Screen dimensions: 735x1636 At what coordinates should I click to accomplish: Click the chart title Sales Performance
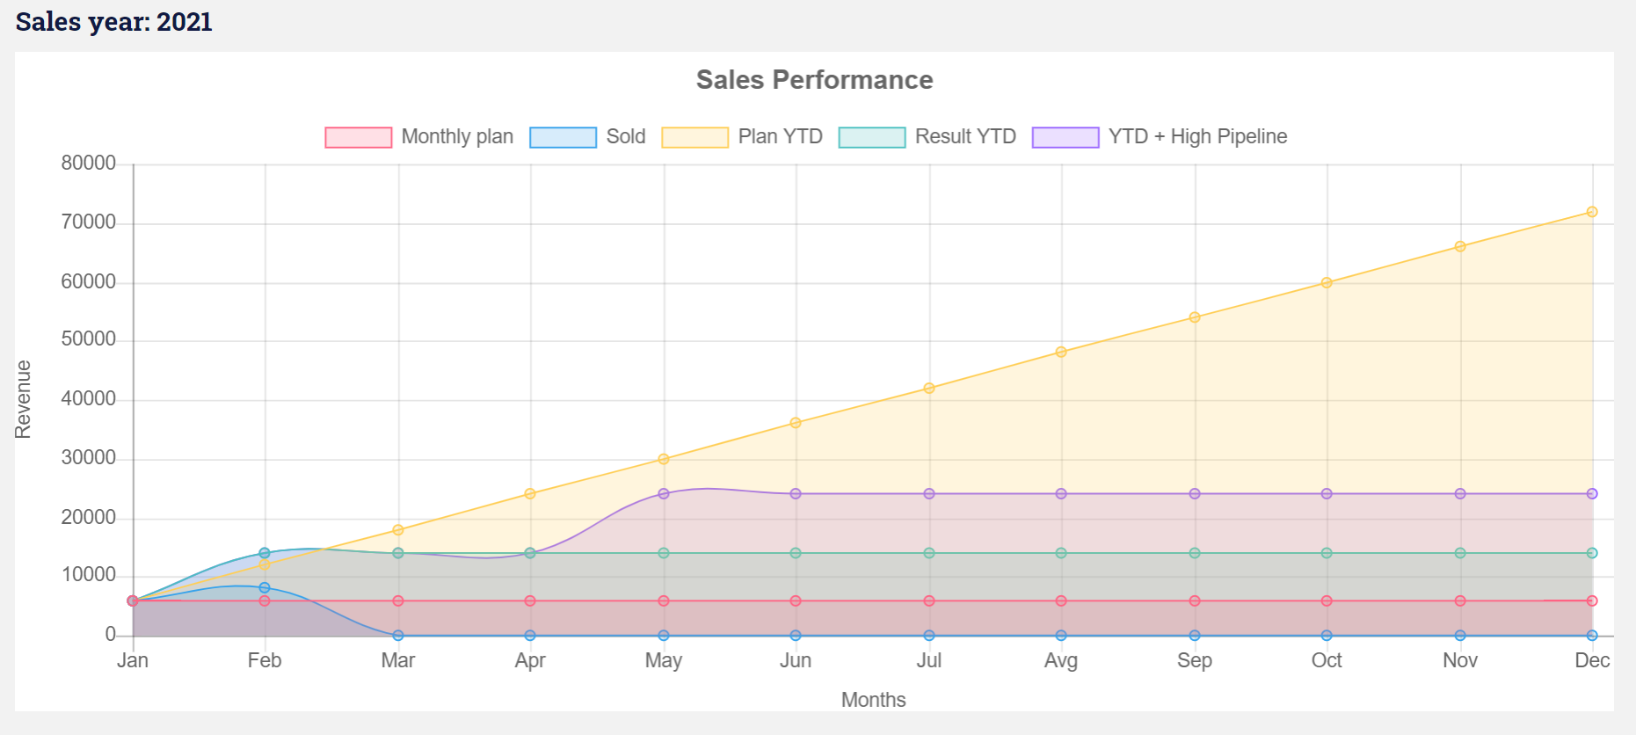pyautogui.click(x=814, y=80)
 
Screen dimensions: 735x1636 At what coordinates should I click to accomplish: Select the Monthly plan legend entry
pyautogui.click(x=419, y=137)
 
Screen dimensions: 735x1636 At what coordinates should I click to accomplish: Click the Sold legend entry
pyautogui.click(x=587, y=137)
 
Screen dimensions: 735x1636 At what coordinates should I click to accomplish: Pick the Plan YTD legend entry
pyautogui.click(x=742, y=137)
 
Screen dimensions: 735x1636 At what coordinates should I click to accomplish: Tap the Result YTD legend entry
pyautogui.click(x=927, y=137)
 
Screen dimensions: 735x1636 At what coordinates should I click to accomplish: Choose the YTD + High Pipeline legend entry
pyautogui.click(x=1160, y=137)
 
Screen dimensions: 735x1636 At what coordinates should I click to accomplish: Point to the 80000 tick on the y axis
pyautogui.click(x=89, y=164)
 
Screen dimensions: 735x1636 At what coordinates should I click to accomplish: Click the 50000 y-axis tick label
pyautogui.click(x=89, y=340)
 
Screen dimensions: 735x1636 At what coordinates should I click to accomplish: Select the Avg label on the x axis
pyautogui.click(x=1061, y=660)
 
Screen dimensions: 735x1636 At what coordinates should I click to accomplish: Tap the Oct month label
pyautogui.click(x=1327, y=660)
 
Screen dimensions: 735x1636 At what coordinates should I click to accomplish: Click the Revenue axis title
pyautogui.click(x=23, y=399)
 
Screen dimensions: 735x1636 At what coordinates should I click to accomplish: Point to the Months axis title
pyautogui.click(x=873, y=700)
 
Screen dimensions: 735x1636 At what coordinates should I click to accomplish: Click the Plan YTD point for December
pyautogui.click(x=1592, y=212)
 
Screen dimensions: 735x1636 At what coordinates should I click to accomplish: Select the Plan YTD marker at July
pyautogui.click(x=929, y=388)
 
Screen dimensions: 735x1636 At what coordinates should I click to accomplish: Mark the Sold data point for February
pyautogui.click(x=265, y=587)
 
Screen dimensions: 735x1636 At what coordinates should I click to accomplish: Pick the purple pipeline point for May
pyautogui.click(x=664, y=494)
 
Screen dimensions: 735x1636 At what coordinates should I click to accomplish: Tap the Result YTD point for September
pyautogui.click(x=1195, y=553)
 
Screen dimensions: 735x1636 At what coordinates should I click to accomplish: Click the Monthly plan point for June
pyautogui.click(x=796, y=601)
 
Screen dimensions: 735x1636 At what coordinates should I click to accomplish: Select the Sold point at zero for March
pyautogui.click(x=398, y=636)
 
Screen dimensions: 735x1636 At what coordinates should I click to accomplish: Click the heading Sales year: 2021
pyautogui.click(x=114, y=22)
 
